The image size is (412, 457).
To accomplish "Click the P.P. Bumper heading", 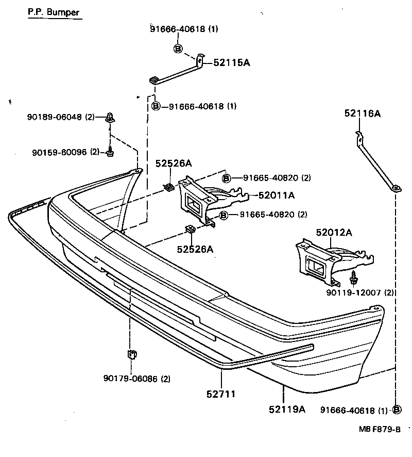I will tap(54, 12).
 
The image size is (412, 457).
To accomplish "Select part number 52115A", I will tap(232, 63).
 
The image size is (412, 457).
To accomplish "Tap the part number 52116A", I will tap(363, 114).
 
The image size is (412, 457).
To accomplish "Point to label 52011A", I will tap(277, 195).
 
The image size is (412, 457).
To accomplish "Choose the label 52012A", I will tap(334, 233).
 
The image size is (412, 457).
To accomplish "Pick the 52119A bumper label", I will tap(287, 410).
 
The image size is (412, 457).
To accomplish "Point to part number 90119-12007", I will tap(354, 292).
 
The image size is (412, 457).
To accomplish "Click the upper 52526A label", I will tap(174, 164).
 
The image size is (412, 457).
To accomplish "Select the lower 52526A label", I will tap(195, 249).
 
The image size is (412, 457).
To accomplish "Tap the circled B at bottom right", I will tap(397, 410).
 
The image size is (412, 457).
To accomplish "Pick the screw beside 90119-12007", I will tap(354, 278).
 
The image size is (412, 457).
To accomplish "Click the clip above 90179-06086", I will tap(131, 355).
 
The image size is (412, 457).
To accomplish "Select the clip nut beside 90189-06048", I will tap(109, 118).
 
